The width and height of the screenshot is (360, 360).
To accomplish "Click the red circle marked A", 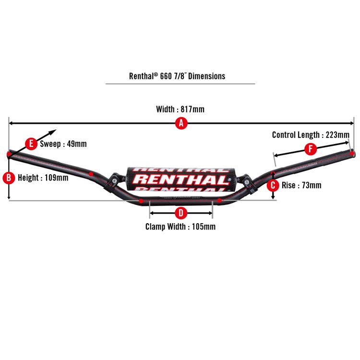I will pyautogui.click(x=181, y=123).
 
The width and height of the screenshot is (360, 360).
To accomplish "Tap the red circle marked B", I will pyautogui.click(x=9, y=178).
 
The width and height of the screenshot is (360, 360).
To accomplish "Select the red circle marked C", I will pyautogui.click(x=273, y=184).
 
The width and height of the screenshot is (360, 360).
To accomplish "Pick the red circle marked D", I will pyautogui.click(x=181, y=213).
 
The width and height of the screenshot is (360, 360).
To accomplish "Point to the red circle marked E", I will pyautogui.click(x=31, y=144).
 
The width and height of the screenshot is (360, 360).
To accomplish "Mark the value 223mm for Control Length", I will pyautogui.click(x=337, y=135).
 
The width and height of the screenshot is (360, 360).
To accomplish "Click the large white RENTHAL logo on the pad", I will pyautogui.click(x=181, y=180).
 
